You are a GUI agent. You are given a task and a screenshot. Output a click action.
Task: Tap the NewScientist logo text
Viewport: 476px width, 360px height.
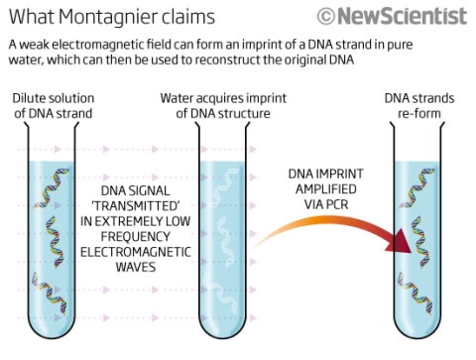coord(403,16)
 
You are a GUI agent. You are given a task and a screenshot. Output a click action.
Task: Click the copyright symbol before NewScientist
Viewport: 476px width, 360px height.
coord(326,17)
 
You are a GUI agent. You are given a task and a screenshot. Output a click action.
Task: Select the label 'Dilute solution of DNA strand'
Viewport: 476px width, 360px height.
coord(54,106)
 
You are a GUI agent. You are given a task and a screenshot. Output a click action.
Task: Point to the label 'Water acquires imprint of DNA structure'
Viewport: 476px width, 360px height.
coord(223,106)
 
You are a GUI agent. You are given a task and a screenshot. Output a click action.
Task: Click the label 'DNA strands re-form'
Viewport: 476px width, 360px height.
coord(419,106)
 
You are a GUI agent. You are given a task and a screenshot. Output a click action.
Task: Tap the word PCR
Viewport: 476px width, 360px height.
coord(337,204)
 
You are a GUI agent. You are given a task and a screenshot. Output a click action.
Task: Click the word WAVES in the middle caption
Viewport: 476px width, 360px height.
coord(136,267)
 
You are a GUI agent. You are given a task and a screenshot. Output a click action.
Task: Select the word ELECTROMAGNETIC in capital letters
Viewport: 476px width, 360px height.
coord(136,252)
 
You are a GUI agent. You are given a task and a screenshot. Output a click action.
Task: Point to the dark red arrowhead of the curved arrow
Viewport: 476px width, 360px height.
coord(400,241)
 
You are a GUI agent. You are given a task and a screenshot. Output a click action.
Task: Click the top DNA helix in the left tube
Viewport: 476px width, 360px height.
coord(52,187)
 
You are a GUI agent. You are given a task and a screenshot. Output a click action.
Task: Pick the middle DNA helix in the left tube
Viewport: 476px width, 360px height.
coord(55,241)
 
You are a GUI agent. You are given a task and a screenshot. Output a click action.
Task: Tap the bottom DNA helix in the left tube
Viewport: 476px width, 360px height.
coord(49,293)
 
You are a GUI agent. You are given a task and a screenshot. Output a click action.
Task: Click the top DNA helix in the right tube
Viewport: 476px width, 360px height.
coord(417,187)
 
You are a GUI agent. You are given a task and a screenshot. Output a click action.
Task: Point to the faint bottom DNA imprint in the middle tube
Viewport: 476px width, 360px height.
coord(220,293)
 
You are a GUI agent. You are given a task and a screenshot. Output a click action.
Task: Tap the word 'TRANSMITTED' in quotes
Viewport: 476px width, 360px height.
coord(136,206)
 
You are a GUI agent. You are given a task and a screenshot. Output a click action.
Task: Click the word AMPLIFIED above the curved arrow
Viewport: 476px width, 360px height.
coord(325,189)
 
